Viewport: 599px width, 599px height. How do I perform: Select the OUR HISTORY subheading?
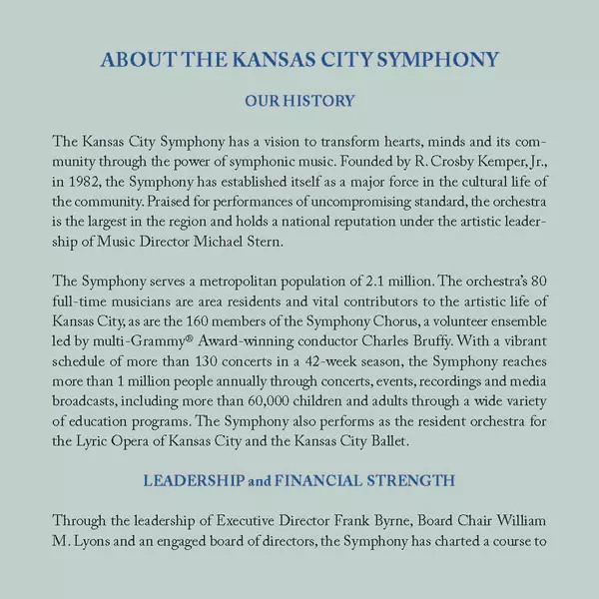[x=299, y=101]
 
